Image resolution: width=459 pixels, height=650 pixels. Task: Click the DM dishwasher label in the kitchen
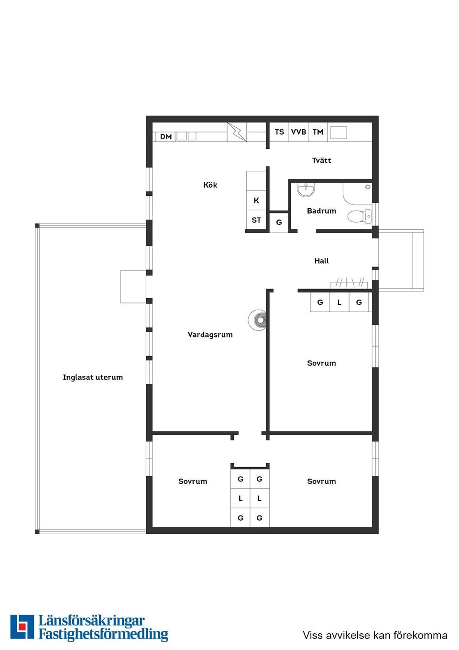point(166,137)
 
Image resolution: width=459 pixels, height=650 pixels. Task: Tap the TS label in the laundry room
point(279,132)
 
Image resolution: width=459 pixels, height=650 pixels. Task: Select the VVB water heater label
point(298,132)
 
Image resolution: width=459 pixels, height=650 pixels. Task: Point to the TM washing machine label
point(318,132)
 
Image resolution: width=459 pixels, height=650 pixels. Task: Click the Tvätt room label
point(321,160)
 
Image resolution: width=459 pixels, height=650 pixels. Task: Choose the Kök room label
point(210,185)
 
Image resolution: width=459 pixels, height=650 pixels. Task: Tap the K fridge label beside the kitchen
point(256,201)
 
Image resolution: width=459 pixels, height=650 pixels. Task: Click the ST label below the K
point(256,220)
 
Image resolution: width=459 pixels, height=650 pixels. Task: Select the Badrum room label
point(321,211)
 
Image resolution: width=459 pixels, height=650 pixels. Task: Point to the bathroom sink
point(306,190)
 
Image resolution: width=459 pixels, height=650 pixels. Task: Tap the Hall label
point(321,261)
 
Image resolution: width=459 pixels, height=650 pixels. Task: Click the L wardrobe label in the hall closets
point(339,303)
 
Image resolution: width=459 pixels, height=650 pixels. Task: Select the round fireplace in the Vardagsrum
point(259,320)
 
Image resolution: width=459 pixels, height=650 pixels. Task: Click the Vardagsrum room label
point(210,335)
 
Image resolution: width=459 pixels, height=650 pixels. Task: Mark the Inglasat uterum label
point(93,377)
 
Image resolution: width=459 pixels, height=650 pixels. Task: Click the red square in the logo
point(22,627)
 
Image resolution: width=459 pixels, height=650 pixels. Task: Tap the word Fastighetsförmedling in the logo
point(103,634)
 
